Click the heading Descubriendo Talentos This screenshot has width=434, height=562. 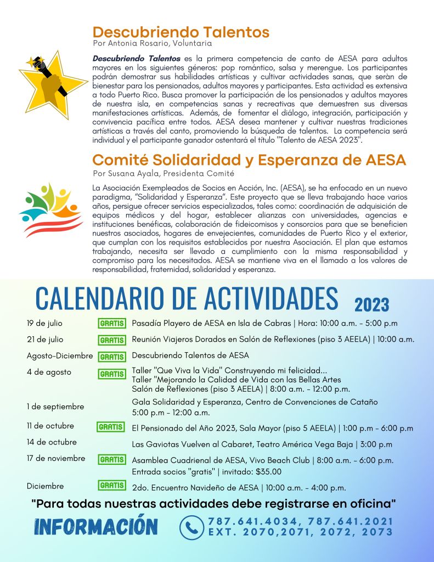coord(181,32)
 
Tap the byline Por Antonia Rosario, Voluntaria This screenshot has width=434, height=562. coord(152,43)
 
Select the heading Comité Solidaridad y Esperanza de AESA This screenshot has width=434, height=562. coord(249,160)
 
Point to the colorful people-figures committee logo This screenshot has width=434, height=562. coord(50,209)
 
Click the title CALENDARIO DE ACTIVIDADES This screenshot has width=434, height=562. coord(187,298)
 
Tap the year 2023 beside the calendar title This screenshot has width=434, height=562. coord(371,304)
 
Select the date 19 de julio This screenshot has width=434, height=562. coord(45,322)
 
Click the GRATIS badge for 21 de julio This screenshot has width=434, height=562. coord(112,340)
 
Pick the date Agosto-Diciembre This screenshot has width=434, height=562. coord(60,356)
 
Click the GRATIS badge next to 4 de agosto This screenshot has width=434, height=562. coord(112,374)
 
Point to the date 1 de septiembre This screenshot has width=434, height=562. coord(55,407)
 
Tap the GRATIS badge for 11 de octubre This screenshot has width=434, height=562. coord(111,427)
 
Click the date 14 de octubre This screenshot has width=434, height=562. coord(52,442)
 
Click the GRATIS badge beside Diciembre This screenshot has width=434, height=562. coord(112,486)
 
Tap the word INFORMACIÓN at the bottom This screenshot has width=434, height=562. coord(96,526)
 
